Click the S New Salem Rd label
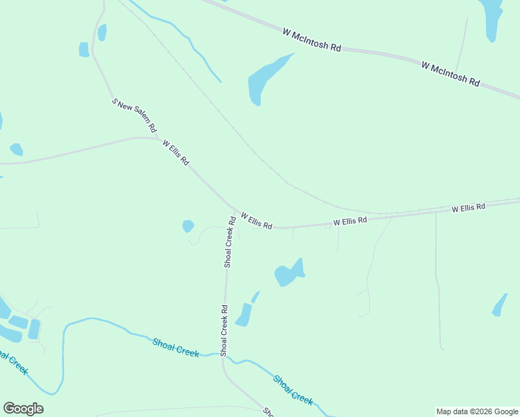tap(135, 116)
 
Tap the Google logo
tap(23, 409)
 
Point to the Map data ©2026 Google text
tap(478, 411)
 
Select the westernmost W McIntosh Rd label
tap(312, 40)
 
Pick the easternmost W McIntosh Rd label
tap(450, 74)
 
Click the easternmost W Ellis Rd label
tap(468, 208)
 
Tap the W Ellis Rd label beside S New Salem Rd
tap(176, 152)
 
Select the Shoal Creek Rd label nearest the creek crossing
tap(225, 330)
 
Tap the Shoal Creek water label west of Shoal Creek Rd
tap(176, 347)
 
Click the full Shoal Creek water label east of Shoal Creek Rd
tap(293, 389)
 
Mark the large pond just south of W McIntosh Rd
tap(266, 79)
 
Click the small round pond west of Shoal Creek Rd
tap(188, 226)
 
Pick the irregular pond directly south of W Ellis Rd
tap(288, 273)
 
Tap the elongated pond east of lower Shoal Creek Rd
tap(243, 314)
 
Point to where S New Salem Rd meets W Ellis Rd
tap(157, 138)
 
